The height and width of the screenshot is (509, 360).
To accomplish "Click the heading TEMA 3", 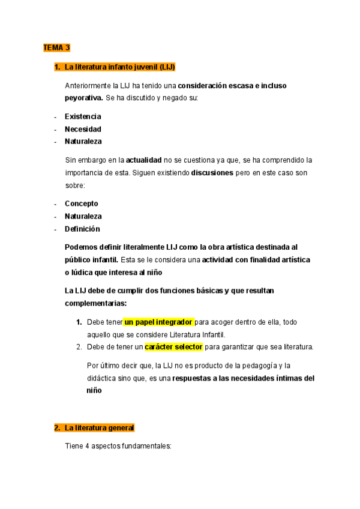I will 56,47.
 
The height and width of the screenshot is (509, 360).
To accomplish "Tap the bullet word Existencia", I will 83,116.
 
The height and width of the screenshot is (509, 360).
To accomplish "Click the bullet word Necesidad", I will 83,129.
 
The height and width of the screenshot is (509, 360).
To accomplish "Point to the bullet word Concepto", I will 82,203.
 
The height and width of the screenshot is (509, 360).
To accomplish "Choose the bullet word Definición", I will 82,229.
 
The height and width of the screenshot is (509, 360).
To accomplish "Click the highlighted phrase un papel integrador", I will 158,322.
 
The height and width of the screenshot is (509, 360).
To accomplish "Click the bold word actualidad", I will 144,160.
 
